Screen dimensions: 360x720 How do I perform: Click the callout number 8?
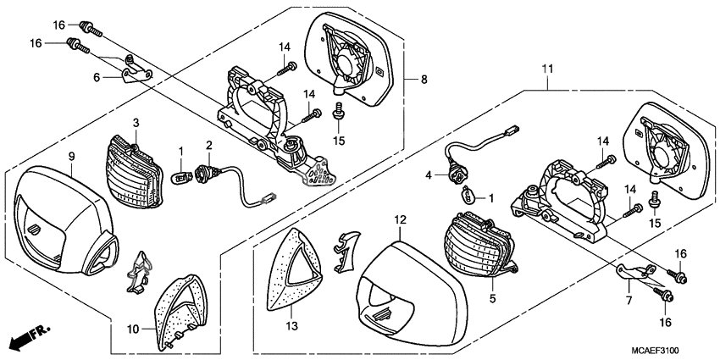tap(424, 79)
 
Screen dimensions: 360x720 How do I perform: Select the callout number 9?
tap(72, 157)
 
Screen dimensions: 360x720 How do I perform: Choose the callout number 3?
tap(136, 124)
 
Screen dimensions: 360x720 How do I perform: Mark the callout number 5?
tap(492, 298)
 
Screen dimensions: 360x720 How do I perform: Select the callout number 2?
tap(208, 146)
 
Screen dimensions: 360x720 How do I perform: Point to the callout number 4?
tap(430, 175)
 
